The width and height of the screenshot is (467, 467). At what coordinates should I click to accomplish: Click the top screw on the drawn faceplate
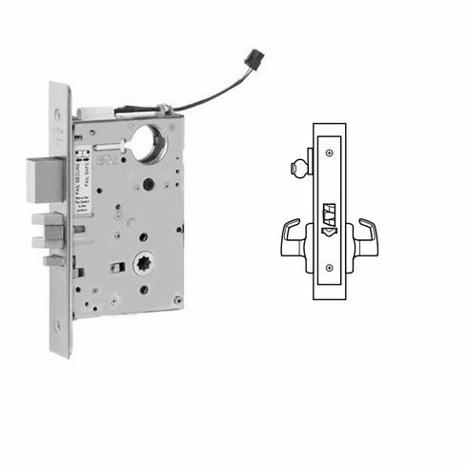coord(329,152)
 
